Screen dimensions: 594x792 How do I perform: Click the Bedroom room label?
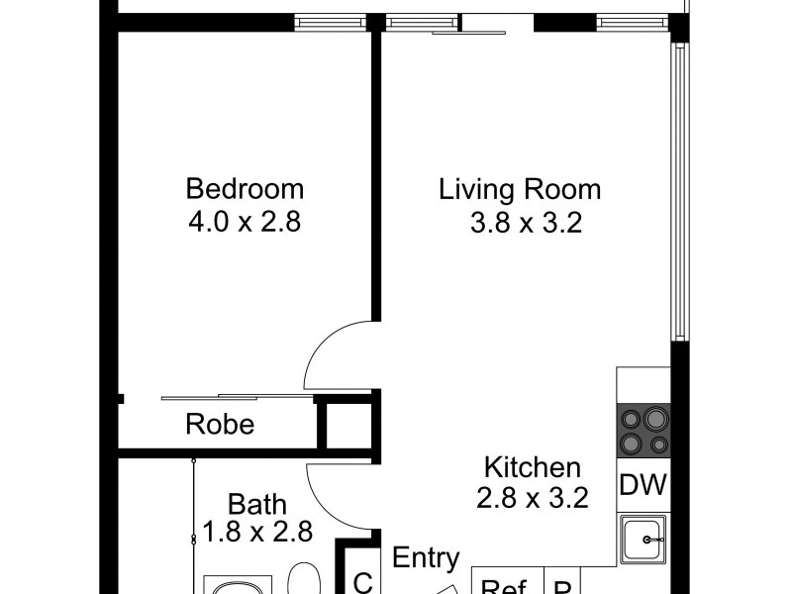245,188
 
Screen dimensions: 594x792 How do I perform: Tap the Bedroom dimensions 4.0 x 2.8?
245,222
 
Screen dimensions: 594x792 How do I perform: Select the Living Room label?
520,188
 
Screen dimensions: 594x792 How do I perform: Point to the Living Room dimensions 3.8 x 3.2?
525,224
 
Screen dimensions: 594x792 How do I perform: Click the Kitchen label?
532,467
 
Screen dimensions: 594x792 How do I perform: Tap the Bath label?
256,502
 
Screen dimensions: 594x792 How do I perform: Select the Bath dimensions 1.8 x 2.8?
257,532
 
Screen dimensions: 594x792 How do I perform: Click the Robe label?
220,426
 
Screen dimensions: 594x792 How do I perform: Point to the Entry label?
427,557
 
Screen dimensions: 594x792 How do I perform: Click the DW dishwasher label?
643,486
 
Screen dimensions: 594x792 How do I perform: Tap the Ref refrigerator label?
502,586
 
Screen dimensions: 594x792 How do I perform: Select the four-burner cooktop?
643,430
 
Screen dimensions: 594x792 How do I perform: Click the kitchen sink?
644,541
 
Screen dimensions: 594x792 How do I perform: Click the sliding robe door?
238,398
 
